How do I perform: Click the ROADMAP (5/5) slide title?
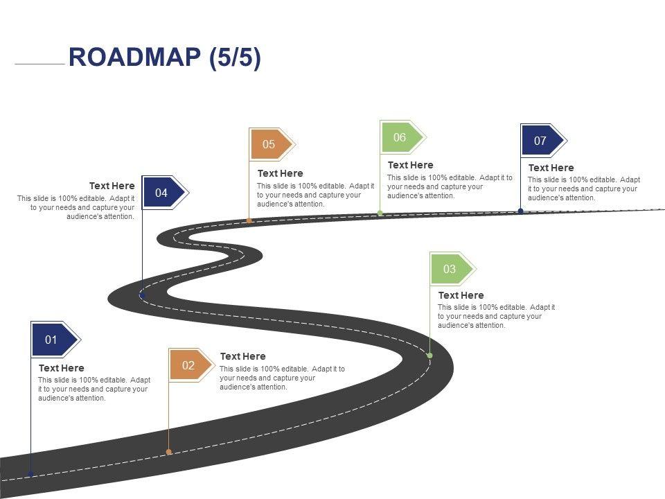point(165,58)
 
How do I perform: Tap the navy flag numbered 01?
point(53,340)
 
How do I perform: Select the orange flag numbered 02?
point(189,365)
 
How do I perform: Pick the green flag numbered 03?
point(450,269)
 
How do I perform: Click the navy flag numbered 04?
point(163,193)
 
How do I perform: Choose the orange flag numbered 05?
point(270,144)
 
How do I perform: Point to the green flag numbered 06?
point(400,137)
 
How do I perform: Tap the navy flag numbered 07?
point(541,141)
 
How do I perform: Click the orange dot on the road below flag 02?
point(169,452)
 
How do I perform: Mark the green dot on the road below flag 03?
point(429,356)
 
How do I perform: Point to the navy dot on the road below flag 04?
point(143,296)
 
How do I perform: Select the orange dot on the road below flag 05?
point(249,220)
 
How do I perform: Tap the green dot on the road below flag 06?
point(380,213)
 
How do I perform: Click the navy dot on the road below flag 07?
point(521,211)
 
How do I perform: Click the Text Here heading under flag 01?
point(62,368)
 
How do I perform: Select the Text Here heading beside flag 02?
point(242,356)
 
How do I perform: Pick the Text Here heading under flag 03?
point(461,295)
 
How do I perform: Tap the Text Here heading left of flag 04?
point(112,186)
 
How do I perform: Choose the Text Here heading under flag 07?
point(551,168)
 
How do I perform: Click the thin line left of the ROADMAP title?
point(39,64)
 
